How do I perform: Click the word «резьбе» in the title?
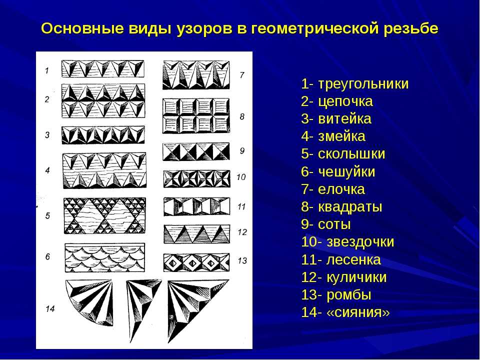tap(410, 29)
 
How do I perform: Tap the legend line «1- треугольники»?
tap(355, 84)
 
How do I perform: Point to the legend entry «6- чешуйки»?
tap(338, 171)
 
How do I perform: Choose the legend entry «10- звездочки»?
tap(347, 242)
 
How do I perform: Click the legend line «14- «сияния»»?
tap(345, 312)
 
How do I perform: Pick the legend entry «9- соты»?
tap(325, 224)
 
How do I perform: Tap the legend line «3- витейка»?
tap(336, 119)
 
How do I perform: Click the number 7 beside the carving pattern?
tap(242, 74)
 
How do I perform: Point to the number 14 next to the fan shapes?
tap(50, 308)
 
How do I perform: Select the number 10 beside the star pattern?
tap(241, 177)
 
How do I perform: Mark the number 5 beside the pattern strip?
tap(47, 216)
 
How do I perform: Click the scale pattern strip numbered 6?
tap(104, 258)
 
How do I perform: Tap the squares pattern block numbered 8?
tap(196, 115)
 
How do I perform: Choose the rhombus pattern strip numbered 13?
tap(196, 262)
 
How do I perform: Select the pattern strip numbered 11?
tap(196, 206)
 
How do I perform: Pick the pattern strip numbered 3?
tap(103, 135)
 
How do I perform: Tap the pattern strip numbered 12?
tap(196, 234)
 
